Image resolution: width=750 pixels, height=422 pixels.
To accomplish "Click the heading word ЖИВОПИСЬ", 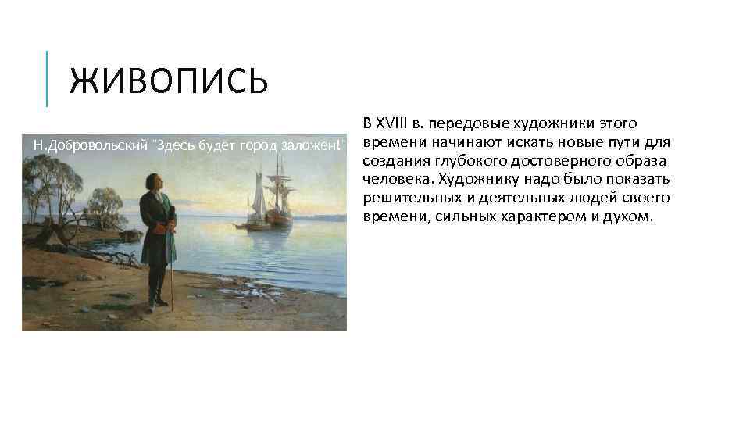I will point(168,81).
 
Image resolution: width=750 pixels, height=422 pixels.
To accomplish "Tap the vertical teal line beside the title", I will point(47,78).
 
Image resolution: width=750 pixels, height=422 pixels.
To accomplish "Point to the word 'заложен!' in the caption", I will point(316,145).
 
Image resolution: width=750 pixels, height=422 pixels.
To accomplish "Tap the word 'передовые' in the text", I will point(465,123).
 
